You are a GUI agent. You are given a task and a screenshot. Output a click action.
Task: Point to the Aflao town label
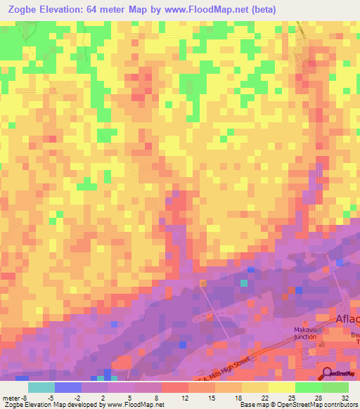(347, 319)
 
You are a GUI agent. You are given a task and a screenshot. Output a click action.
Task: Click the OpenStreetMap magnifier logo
(329, 373)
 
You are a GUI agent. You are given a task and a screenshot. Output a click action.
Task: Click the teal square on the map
(243, 283)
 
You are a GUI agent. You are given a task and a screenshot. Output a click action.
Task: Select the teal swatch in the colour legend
(41, 387)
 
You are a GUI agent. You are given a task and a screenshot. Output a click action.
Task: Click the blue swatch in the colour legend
(67, 387)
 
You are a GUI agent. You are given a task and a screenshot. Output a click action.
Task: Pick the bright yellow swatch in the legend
(282, 387)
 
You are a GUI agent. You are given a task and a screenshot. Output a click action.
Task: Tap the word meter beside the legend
(10, 398)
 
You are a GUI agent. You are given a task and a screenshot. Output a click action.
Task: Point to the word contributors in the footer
(340, 405)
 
